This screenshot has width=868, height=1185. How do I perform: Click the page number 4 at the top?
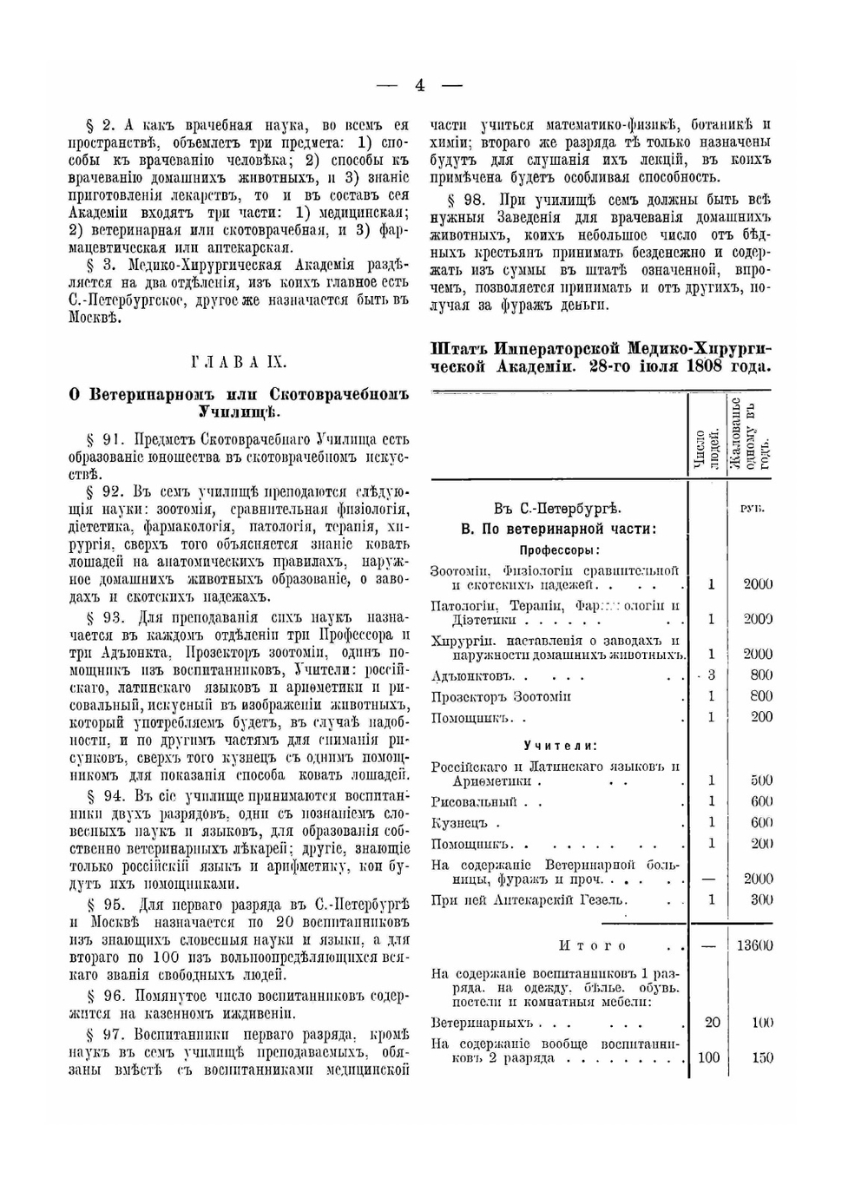[x=420, y=85]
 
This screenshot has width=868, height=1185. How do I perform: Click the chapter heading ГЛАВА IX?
[x=238, y=362]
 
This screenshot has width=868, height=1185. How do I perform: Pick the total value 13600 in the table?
[x=754, y=945]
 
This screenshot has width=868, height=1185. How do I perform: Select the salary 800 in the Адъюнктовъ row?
[x=761, y=675]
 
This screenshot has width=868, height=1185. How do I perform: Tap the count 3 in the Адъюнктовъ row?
[x=711, y=675]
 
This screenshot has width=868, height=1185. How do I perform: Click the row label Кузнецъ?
[x=459, y=822]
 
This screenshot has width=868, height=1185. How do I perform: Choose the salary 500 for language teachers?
[x=761, y=780]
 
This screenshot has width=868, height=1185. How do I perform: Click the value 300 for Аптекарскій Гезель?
[x=761, y=899]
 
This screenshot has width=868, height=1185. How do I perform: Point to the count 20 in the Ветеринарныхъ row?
[x=712, y=1023]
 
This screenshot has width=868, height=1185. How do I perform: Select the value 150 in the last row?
[x=762, y=1057]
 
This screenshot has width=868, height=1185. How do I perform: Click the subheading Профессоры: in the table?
[x=560, y=550]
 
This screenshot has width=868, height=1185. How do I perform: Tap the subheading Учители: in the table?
[x=560, y=745]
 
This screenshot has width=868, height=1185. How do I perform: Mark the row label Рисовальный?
[x=474, y=801]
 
